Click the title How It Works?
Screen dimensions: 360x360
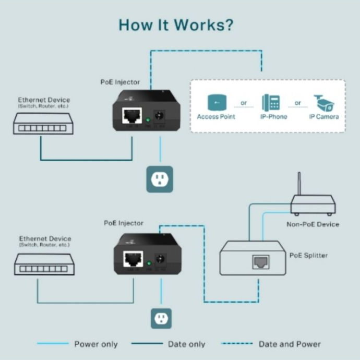tap(176, 25)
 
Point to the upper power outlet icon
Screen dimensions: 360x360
tap(160, 179)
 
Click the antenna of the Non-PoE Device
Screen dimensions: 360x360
tap(299, 183)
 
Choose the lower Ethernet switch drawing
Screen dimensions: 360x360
tap(43, 265)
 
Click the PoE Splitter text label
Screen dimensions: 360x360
tap(309, 256)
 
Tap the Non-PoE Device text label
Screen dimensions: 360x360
tap(313, 224)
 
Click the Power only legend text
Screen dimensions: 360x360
tap(96, 344)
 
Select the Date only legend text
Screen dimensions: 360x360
tap(186, 344)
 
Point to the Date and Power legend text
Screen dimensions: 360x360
tap(290, 344)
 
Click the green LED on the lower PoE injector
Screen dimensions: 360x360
tap(149, 263)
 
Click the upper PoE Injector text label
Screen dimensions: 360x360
tap(121, 82)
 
